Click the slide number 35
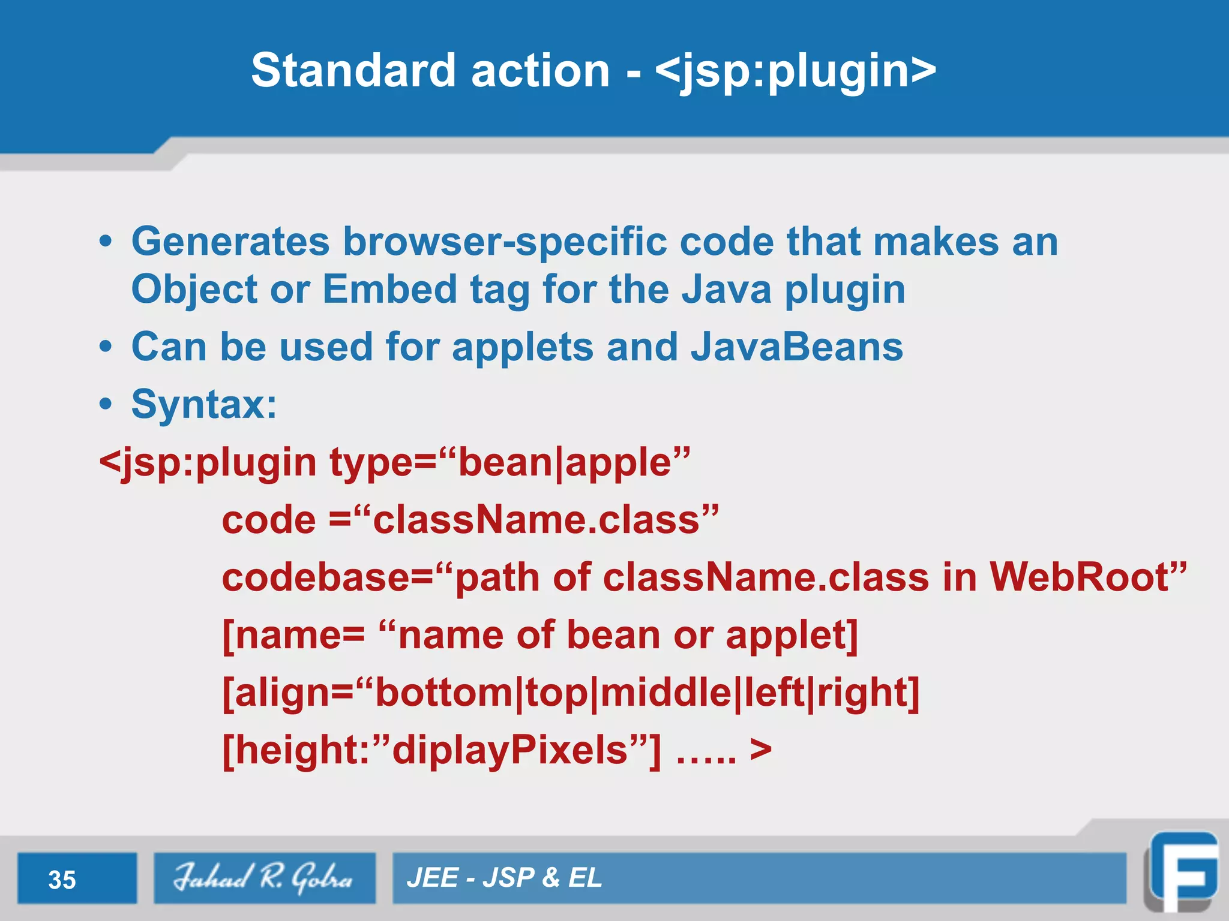coord(62,880)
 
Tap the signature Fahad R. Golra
coord(264,877)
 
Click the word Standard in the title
coord(355,70)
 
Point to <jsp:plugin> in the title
coord(795,71)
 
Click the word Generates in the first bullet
coord(230,242)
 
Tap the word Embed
coord(389,290)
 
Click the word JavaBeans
coord(796,347)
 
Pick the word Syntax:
coord(204,405)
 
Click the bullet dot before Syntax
coord(106,405)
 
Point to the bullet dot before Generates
coord(106,242)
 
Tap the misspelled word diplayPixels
coord(509,750)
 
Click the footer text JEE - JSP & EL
coord(504,878)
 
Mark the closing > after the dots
coord(760,750)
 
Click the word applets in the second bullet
coord(522,347)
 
